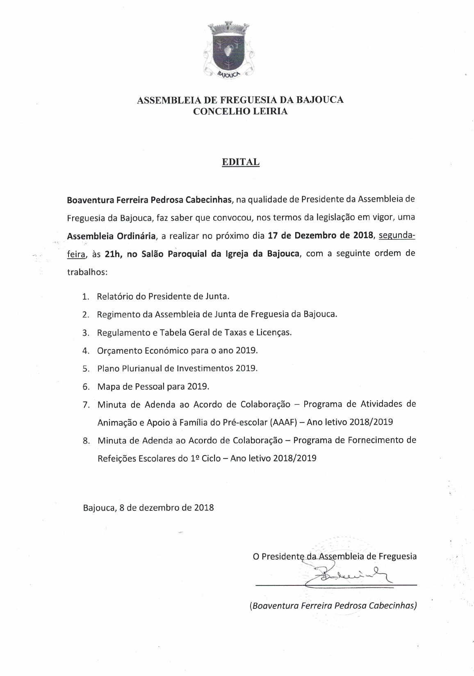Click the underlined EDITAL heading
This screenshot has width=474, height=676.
tap(241, 162)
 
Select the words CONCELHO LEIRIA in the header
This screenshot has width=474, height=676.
tap(240, 112)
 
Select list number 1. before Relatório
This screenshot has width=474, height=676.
tap(86, 296)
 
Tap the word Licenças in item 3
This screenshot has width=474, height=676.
tap(275, 332)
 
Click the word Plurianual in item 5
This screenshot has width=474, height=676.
tap(144, 368)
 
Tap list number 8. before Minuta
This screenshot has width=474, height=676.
tap(86, 441)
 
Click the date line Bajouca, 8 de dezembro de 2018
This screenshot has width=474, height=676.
tap(148, 508)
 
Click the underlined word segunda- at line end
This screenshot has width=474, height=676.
tap(397, 236)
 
